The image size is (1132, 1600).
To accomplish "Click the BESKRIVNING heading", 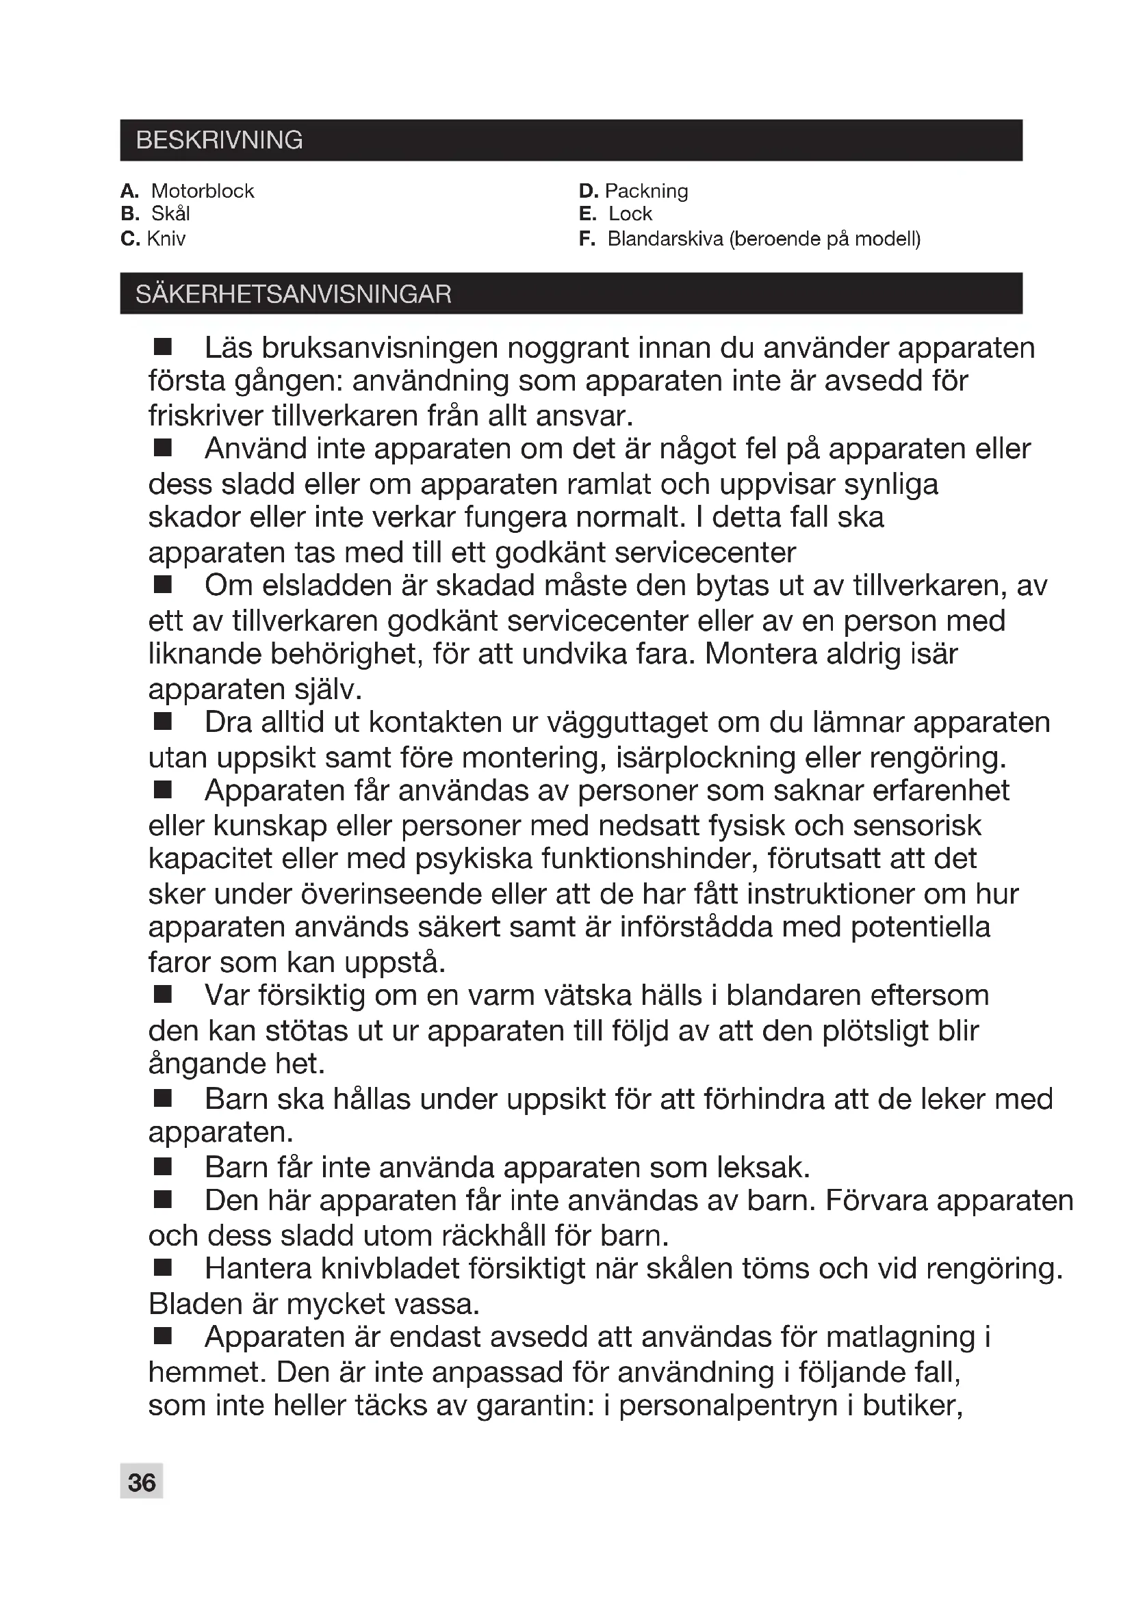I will [x=219, y=140].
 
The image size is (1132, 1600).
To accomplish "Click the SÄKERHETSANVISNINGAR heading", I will [x=294, y=294].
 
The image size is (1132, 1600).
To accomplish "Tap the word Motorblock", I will [x=202, y=191].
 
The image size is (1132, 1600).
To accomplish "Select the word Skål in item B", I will [x=170, y=214].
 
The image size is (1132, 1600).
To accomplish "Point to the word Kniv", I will [x=166, y=239].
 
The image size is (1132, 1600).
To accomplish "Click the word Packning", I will [x=646, y=191].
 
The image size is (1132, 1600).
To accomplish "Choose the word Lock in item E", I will [x=630, y=214].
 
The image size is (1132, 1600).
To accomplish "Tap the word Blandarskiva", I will [x=665, y=239].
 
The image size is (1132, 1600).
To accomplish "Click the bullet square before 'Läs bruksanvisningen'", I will [x=162, y=346].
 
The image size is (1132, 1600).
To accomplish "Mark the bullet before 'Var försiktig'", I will [x=162, y=995].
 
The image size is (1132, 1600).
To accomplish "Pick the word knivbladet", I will [x=394, y=1269].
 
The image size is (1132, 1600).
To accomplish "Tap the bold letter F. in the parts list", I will [x=587, y=239].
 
